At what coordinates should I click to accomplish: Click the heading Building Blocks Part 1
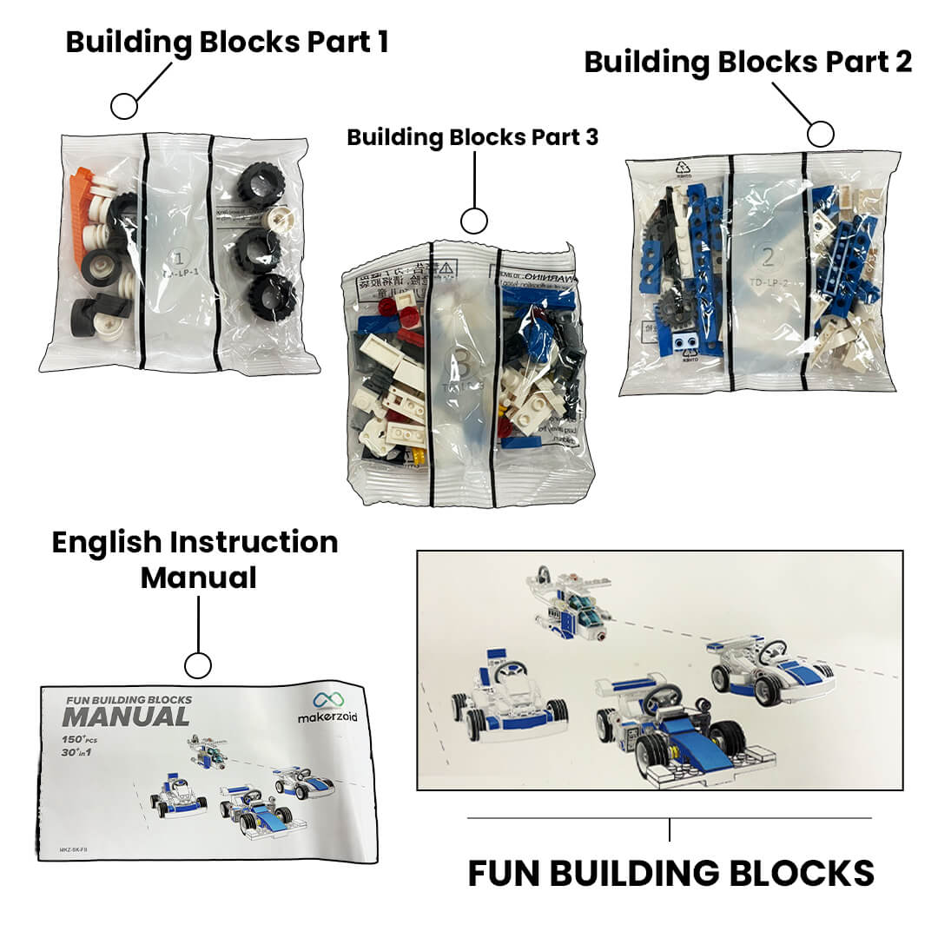click(227, 42)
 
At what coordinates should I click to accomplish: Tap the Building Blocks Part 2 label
click(748, 62)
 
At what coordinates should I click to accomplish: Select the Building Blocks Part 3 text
click(472, 137)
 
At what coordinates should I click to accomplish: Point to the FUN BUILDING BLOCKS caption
click(670, 872)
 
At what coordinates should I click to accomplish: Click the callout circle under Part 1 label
click(124, 106)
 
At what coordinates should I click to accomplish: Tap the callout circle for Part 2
click(820, 134)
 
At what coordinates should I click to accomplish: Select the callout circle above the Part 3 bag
click(473, 221)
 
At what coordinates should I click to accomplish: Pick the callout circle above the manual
click(198, 666)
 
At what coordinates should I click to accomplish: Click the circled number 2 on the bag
click(767, 256)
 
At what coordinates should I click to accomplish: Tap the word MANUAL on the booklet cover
click(125, 717)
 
